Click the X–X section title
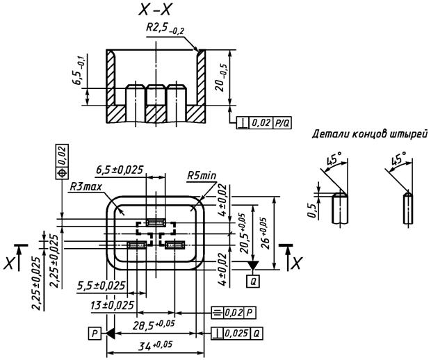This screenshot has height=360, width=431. point(155,10)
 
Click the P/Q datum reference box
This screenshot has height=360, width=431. point(282,123)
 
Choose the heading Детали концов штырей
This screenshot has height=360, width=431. point(370,134)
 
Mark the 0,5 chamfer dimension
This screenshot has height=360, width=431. point(311,211)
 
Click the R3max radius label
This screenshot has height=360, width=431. point(86,187)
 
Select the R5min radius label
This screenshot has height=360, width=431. point(202,176)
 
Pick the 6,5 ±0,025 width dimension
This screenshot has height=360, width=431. point(120,170)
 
